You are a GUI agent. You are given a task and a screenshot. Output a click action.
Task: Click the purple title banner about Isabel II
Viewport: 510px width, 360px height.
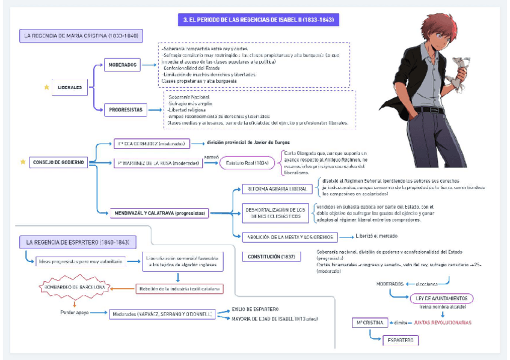[259, 20]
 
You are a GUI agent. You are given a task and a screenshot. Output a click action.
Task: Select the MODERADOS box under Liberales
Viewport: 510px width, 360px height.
[121, 64]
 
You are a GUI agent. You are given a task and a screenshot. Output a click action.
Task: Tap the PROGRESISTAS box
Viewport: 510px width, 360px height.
[125, 109]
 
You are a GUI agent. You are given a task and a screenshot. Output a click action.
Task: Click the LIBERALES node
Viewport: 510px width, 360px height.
[70, 87]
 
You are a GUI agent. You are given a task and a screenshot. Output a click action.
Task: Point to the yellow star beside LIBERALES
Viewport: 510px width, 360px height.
[46, 87]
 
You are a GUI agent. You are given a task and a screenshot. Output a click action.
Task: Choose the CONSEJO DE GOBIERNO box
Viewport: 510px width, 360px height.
[58, 162]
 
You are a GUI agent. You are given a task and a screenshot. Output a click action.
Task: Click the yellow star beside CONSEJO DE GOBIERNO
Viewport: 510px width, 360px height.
[23, 162]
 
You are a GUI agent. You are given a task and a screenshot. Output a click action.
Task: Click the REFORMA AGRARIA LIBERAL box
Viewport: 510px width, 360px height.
[277, 189]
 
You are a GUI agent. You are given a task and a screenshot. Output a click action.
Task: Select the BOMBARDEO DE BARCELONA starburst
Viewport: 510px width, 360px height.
[75, 287]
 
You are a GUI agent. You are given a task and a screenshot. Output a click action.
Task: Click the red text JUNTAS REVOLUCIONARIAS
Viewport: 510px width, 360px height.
[443, 323]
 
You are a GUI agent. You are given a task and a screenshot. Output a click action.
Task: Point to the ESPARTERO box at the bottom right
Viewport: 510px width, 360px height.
[400, 341]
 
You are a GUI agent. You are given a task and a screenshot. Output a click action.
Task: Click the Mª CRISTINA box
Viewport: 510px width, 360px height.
[370, 323]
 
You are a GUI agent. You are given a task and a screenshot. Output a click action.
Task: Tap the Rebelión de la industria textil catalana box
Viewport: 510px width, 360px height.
[179, 288]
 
